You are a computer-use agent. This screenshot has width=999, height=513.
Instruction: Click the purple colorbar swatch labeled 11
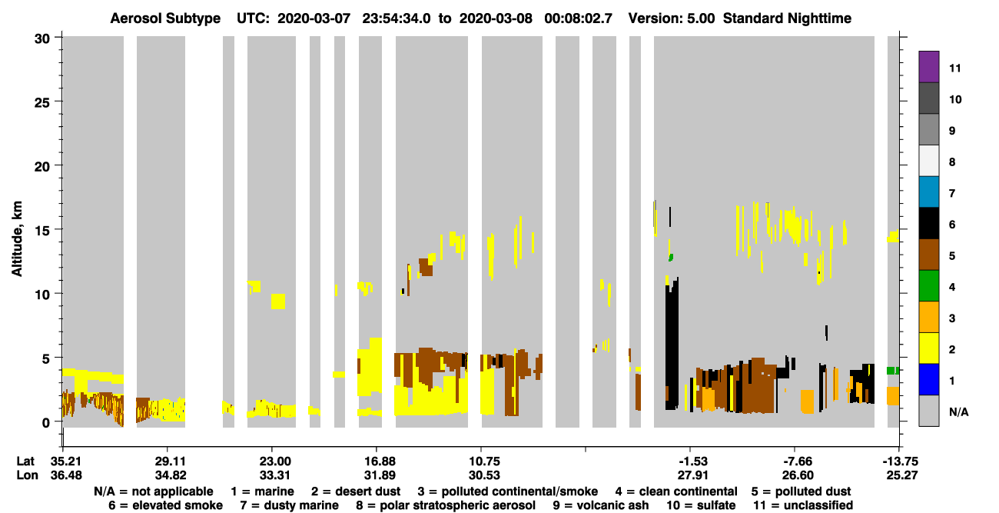(928, 66)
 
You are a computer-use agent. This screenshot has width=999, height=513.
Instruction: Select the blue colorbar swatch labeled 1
(928, 379)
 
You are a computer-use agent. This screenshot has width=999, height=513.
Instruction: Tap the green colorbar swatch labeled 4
(928, 285)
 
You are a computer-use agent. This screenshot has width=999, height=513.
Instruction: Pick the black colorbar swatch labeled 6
(928, 223)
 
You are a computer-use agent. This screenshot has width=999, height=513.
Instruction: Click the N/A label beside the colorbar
(958, 412)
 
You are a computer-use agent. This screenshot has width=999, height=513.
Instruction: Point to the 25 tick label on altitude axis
(42, 103)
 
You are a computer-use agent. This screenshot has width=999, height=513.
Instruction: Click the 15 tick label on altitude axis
(42, 231)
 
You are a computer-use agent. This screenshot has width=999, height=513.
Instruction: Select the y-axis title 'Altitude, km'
(17, 238)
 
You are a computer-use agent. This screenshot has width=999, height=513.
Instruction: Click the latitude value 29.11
(170, 461)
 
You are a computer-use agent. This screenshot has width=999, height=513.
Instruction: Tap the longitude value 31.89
(380, 475)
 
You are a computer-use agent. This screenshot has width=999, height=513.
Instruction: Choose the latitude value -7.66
(797, 461)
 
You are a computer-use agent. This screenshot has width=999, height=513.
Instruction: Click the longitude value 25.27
(902, 475)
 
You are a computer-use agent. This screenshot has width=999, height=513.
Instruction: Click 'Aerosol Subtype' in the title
(165, 18)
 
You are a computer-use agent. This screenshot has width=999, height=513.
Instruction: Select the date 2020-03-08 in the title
(496, 18)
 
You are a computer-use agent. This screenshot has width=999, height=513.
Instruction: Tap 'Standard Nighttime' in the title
(787, 18)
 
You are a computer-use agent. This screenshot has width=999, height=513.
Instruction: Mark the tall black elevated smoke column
(672, 344)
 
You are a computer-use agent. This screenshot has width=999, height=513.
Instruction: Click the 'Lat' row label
(25, 461)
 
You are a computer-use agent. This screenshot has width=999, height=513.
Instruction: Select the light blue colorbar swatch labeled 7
(928, 192)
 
